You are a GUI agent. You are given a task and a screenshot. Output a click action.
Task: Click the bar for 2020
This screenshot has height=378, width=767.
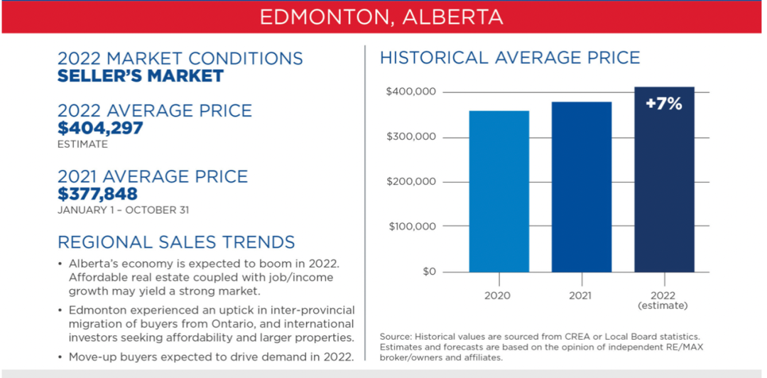click(499, 191)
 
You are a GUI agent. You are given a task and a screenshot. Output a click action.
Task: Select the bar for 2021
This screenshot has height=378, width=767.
click(582, 187)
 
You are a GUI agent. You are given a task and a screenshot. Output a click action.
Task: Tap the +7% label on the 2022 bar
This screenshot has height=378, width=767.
click(664, 104)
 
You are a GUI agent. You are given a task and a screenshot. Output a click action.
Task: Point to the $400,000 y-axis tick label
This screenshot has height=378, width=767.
click(410, 92)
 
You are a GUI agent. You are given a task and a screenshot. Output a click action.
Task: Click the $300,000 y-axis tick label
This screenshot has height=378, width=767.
click(410, 137)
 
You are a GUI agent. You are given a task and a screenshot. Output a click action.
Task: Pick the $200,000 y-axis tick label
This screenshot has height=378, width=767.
click(410, 182)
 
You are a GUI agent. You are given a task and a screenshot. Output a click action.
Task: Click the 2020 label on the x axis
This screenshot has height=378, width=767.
click(499, 296)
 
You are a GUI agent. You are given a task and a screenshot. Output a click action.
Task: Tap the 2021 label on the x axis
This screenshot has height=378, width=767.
click(582, 296)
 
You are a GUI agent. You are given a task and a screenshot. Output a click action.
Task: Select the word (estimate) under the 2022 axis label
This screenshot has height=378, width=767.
click(664, 306)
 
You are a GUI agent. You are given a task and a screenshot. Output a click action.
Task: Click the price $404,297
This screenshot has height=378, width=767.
click(100, 129)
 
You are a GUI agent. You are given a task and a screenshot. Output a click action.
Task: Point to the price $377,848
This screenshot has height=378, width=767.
click(97, 194)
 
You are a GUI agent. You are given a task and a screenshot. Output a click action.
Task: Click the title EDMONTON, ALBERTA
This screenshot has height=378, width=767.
click(381, 16)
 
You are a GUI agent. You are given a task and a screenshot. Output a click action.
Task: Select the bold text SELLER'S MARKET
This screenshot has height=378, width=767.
click(141, 76)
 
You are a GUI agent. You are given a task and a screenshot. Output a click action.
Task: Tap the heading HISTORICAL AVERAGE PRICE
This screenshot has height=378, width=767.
click(510, 58)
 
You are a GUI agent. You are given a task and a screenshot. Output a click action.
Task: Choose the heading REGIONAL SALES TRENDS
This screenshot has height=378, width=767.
click(176, 242)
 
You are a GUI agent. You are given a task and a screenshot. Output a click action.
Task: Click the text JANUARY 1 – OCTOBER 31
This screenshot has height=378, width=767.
click(124, 210)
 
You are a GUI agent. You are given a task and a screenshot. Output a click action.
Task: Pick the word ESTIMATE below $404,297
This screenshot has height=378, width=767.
click(82, 145)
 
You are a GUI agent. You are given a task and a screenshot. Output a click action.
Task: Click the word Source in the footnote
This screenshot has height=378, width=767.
click(396, 337)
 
